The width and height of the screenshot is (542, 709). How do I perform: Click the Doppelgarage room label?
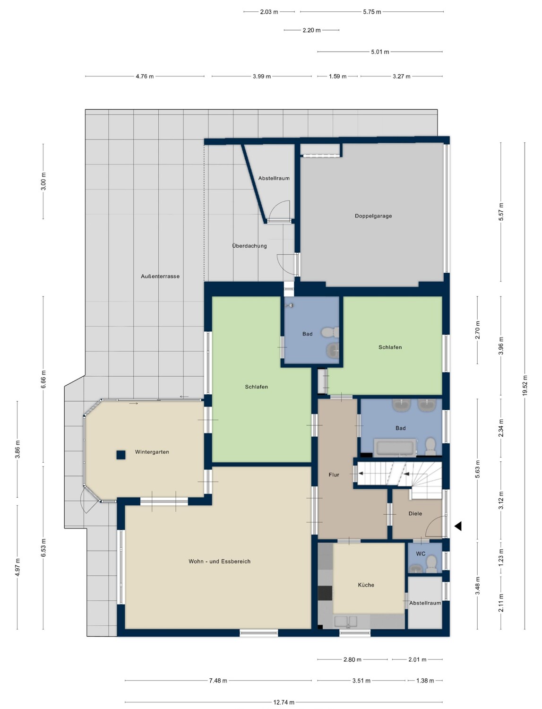tap(373, 216)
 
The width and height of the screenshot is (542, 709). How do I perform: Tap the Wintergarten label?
tap(152, 452)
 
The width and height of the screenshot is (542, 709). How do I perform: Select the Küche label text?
tap(366, 585)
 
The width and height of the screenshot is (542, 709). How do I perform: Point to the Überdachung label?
tap(249, 246)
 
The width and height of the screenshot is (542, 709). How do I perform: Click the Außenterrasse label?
tap(160, 277)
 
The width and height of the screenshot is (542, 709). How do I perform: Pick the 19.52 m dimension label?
tap(525, 385)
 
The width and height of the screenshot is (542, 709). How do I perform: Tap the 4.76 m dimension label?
tap(145, 77)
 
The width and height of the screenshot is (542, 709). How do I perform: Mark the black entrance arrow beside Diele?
tap(458, 526)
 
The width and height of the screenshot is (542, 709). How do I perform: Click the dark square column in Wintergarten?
tap(120, 455)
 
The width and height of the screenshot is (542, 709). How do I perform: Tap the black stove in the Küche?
tap(325, 593)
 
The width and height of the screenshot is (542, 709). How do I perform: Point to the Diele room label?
tap(415, 514)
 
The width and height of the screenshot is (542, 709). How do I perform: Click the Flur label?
tap(334, 475)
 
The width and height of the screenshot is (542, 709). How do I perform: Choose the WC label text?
tap(421, 553)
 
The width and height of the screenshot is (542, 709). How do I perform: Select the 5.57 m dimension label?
tap(501, 212)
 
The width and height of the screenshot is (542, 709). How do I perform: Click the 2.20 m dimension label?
tap(311, 30)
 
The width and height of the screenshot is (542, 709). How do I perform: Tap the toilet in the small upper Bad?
tap(330, 332)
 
